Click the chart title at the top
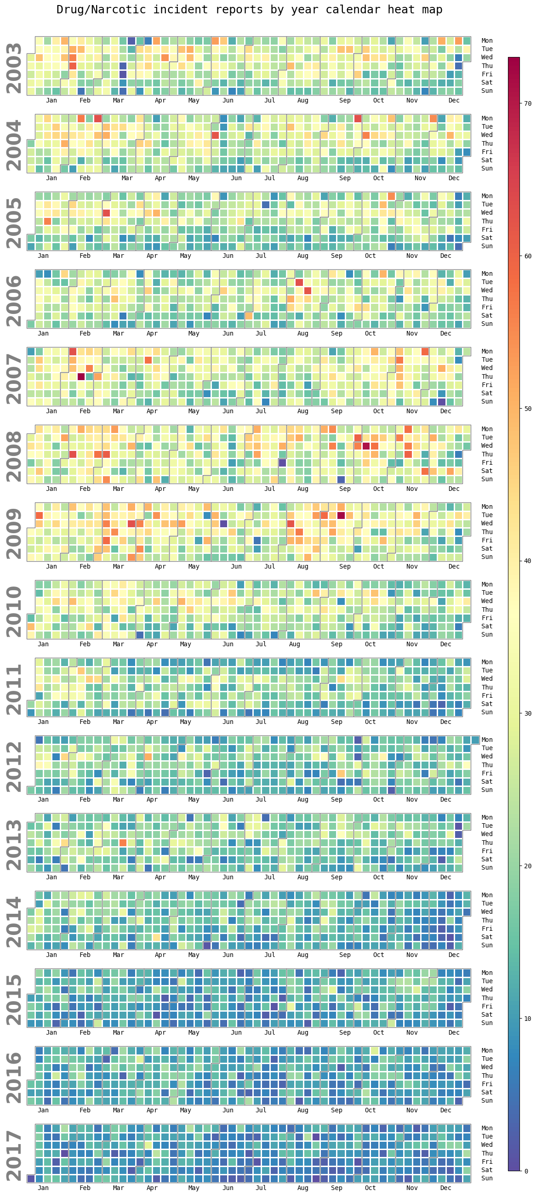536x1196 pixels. click(x=249, y=10)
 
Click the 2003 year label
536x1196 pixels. click(x=14, y=68)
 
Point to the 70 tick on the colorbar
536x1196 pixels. click(x=528, y=103)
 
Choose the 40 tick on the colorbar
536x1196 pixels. click(x=528, y=561)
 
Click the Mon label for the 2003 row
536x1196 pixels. click(x=487, y=41)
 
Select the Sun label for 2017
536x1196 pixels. click(x=487, y=1179)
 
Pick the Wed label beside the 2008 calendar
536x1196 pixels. click(x=487, y=446)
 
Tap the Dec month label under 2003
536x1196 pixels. click(x=454, y=101)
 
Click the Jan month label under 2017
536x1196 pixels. click(x=43, y=1188)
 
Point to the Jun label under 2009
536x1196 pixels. click(x=236, y=567)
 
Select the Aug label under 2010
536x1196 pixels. click(x=295, y=644)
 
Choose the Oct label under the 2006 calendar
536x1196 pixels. click(x=370, y=334)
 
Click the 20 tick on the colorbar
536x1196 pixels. click(x=528, y=866)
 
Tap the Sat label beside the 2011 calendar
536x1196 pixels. click(x=487, y=704)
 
